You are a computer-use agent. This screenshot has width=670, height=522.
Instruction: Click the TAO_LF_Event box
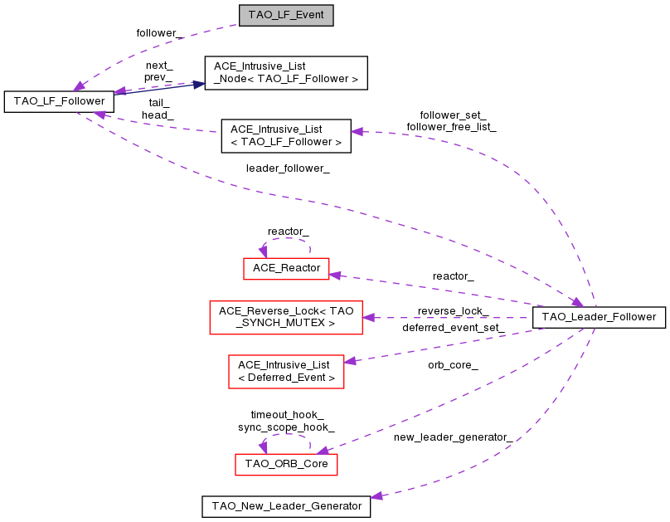point(285,16)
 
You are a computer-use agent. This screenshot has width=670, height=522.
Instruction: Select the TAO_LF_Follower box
point(59,101)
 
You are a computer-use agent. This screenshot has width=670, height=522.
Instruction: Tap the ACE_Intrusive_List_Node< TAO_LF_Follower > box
point(285,73)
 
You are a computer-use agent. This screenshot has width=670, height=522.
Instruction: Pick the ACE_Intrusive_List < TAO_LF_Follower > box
point(285,136)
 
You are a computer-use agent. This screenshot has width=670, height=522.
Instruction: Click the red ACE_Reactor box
point(286,268)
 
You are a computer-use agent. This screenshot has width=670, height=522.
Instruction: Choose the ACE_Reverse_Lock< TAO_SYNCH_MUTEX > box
point(286,317)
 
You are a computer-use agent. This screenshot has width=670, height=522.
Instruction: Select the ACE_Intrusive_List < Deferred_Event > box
point(286,371)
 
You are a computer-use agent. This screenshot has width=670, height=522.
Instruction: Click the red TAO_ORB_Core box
point(286,465)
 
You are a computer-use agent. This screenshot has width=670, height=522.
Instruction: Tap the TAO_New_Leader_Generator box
point(286,505)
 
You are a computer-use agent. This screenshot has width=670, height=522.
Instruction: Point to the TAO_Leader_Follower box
point(599,316)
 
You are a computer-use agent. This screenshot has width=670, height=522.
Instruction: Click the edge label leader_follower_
point(288,168)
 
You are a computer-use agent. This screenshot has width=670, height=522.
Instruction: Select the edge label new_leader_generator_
point(453,437)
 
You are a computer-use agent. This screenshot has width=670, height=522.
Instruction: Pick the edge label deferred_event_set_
point(453,328)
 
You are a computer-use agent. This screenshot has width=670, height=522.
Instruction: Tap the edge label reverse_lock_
point(453,311)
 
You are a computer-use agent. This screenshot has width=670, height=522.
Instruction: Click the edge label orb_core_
point(453,364)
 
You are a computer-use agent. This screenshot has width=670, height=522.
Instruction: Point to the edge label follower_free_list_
point(451,127)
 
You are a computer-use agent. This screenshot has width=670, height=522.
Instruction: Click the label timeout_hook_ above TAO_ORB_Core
point(287,414)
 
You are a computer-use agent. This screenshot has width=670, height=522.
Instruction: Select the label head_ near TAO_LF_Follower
point(157,115)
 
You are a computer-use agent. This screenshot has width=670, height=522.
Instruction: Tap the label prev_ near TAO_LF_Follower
point(158,76)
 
